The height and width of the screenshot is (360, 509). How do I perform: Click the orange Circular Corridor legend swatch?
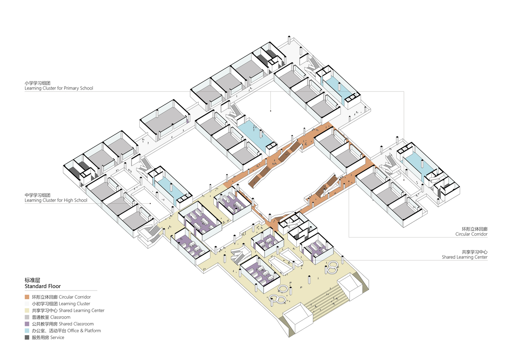tap(27, 297)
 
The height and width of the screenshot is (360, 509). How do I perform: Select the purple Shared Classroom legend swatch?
tap(27, 324)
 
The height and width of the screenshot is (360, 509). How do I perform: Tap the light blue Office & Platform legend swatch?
tap(27, 331)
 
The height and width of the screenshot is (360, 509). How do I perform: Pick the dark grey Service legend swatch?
tap(27, 338)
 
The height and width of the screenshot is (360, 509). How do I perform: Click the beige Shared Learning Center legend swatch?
tap(27, 310)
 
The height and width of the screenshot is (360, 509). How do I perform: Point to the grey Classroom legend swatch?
tap(27, 317)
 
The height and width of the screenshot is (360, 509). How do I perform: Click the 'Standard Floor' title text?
tap(43, 286)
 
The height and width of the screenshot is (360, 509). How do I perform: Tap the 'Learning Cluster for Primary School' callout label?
tap(59, 88)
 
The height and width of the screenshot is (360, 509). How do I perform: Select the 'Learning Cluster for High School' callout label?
tap(56, 200)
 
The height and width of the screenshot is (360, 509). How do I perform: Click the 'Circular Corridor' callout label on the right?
tap(471, 234)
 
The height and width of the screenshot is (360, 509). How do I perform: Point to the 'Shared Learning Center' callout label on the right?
tap(464, 257)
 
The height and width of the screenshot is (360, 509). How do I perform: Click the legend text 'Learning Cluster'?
tap(75, 303)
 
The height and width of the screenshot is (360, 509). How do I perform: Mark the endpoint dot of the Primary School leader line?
tap(270, 111)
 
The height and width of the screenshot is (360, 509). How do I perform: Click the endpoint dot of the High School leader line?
tap(150, 203)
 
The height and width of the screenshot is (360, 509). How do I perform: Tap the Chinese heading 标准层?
tap(32, 280)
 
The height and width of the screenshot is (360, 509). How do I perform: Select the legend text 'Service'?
tap(57, 338)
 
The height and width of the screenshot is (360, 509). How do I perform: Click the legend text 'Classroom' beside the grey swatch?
tap(60, 317)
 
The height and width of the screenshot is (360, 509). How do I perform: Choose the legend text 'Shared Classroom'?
tap(76, 324)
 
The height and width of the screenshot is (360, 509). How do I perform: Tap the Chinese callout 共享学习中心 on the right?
tap(474, 252)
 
